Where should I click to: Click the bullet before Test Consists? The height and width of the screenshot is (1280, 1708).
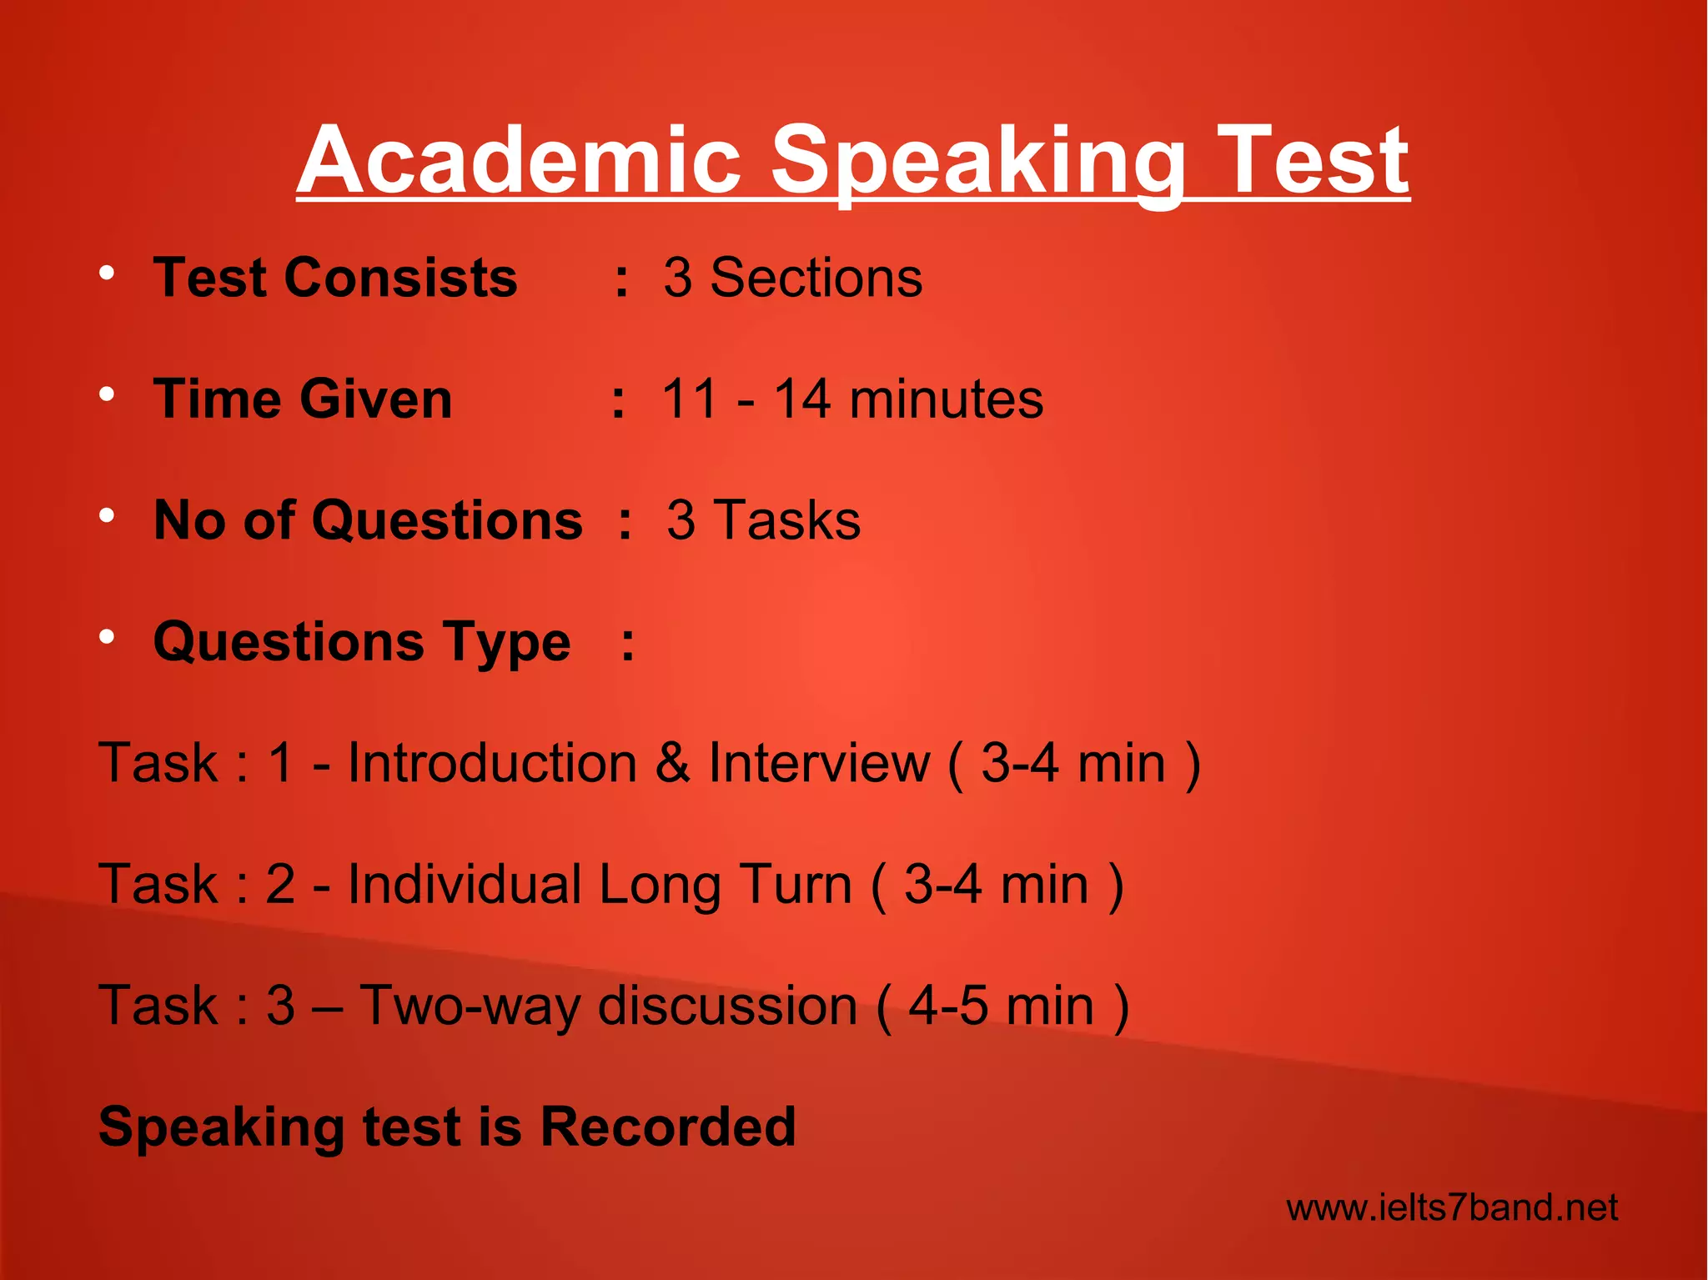click(x=106, y=274)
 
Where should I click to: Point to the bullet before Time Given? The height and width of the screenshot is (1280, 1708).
click(x=106, y=394)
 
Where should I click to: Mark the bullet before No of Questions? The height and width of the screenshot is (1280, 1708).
click(x=106, y=516)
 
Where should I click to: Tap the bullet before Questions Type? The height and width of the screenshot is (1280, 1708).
click(x=106, y=638)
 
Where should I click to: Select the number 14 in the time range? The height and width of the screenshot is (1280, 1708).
click(x=802, y=399)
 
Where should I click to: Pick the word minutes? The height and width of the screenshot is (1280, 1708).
click(x=946, y=399)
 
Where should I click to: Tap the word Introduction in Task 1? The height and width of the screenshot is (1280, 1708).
click(x=492, y=763)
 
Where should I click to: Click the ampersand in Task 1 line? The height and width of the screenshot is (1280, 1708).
click(x=672, y=763)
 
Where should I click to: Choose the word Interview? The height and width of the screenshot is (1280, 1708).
click(x=819, y=763)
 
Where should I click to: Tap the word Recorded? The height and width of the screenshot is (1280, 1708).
click(x=667, y=1127)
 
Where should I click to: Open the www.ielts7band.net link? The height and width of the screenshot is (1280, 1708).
click(x=1452, y=1207)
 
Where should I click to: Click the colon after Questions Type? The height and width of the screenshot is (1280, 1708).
click(x=628, y=644)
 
